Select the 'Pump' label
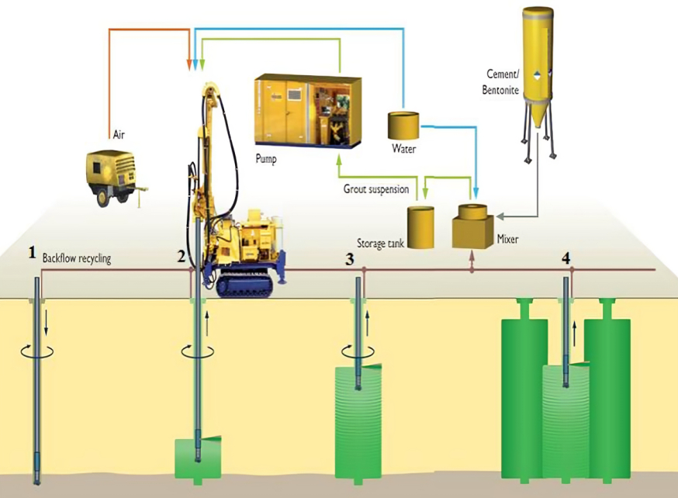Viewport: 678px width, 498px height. coord(266,159)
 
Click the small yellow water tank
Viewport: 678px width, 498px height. coord(403,125)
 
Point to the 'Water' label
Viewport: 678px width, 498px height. coord(403,147)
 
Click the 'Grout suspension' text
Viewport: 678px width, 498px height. coord(376,189)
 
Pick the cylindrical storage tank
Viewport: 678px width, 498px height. coord(421,227)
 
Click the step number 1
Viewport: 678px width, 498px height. coord(32,252)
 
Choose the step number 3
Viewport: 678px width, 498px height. coord(350,257)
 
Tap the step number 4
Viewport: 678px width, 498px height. coord(566,257)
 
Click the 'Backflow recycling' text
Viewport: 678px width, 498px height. coord(77,259)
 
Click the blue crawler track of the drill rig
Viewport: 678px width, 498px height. coord(246,285)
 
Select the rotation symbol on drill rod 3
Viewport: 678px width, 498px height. coord(358,351)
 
